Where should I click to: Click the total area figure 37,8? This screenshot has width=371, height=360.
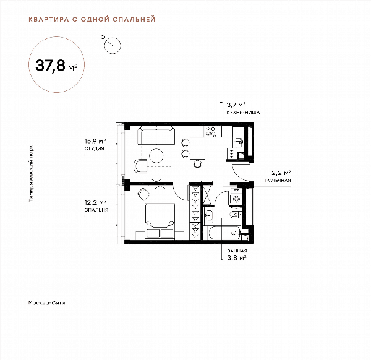50,66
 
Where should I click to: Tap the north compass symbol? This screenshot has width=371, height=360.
111,45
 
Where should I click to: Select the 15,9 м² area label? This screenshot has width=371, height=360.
95,141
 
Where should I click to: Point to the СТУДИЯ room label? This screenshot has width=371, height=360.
95,148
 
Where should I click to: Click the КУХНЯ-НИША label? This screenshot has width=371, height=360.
243,112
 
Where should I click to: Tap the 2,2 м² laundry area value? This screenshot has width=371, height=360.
281,173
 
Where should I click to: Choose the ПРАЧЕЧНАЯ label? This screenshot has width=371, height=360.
276,181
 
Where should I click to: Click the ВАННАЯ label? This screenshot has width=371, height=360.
237,251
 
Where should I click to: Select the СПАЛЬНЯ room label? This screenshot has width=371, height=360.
96,210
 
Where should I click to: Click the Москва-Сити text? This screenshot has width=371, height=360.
46,302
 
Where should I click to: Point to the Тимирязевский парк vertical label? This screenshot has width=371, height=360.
31,173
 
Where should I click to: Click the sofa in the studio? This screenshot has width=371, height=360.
156,135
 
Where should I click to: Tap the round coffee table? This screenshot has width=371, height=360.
156,155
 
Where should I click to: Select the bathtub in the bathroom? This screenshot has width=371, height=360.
224,233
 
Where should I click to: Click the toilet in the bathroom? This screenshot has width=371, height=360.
235,215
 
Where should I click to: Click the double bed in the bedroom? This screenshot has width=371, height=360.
160,221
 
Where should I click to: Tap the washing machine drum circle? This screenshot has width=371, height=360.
236,199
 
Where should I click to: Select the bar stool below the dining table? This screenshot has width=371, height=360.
198,164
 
